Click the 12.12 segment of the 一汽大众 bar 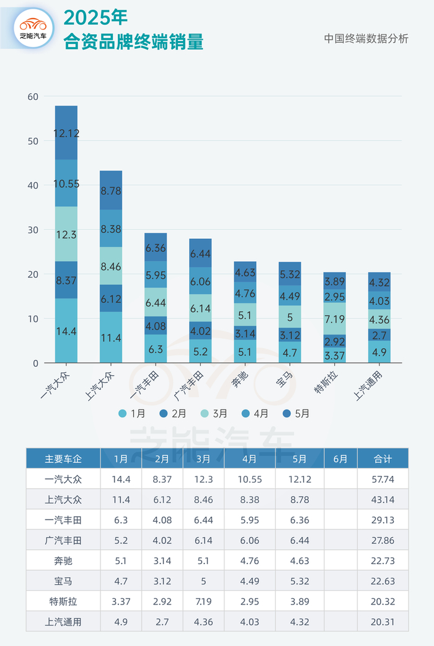click(66, 133)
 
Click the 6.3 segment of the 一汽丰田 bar click(156, 349)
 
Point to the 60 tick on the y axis click(32, 96)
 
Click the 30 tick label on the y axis click(32, 230)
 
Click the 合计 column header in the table click(383, 459)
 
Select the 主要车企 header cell click(63, 459)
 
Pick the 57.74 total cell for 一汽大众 click(383, 479)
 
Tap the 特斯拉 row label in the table click(63, 602)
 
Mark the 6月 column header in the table click(340, 459)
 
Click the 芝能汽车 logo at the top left click(33, 28)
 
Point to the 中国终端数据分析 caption click(366, 38)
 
